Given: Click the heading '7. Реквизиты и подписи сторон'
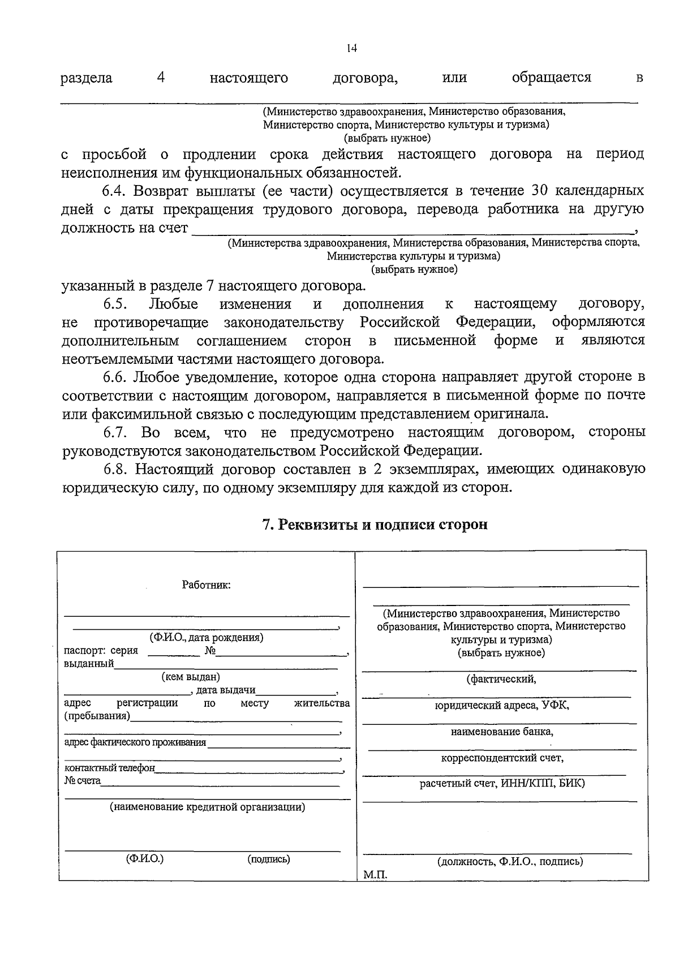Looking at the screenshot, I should tap(375, 525).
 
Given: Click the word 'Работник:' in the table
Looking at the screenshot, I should tap(206, 585).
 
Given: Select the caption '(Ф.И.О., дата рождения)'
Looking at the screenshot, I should tap(206, 638).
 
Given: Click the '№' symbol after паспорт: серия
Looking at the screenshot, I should tap(210, 651).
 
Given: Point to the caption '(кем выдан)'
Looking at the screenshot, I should tap(191, 677).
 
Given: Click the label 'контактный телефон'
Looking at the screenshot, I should tap(109, 768).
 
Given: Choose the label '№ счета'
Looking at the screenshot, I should tap(83, 781).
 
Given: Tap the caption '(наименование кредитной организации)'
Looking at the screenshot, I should tap(207, 807).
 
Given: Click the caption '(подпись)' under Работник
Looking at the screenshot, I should tap(269, 859).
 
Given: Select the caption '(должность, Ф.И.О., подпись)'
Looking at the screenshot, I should tap(510, 862).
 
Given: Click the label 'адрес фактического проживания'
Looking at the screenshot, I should tap(135, 742).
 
